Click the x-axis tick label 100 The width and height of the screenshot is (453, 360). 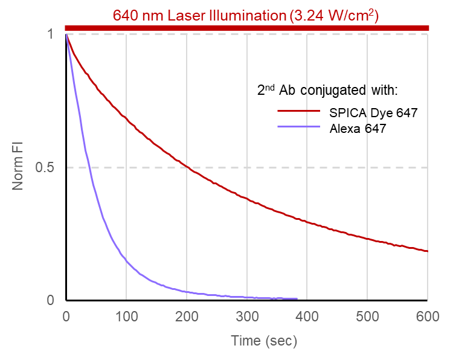click(126, 315)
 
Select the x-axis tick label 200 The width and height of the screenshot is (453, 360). click(187, 315)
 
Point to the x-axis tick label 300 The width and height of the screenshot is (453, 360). click(246, 315)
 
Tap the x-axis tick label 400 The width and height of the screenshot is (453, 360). click(307, 315)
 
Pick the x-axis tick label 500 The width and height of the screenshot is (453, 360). click(367, 315)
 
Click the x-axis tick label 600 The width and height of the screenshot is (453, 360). click(427, 315)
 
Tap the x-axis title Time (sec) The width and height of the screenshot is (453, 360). click(264, 341)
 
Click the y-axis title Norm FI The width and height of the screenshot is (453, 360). click(19, 167)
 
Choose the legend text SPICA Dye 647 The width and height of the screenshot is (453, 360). click(373, 112)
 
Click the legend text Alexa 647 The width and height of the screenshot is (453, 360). click(358, 127)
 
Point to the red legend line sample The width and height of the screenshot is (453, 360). click(298, 112)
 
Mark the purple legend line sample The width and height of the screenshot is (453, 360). click(298, 127)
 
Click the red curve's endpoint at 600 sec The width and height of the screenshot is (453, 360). click(427, 251)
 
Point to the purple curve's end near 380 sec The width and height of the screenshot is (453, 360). click(297, 298)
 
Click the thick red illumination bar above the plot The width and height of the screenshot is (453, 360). click(246, 28)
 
